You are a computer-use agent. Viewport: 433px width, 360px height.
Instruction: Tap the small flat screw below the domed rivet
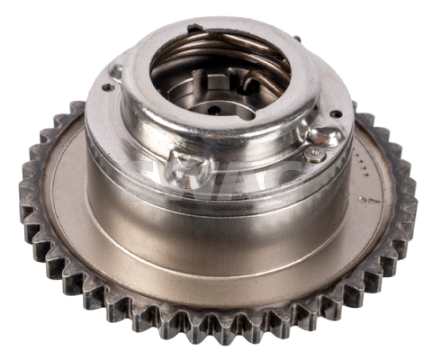[x=312, y=155]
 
